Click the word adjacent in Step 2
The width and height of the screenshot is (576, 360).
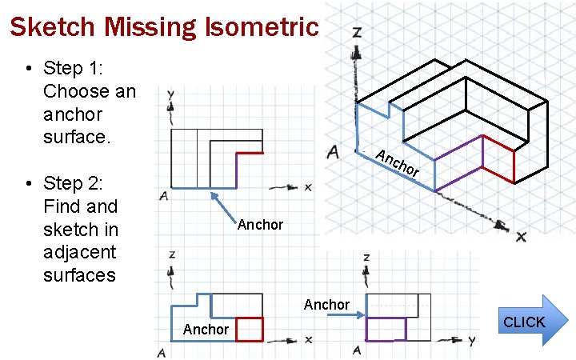(79, 253)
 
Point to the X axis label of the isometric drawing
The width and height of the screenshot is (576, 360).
(521, 237)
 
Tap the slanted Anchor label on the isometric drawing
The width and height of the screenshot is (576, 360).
(398, 162)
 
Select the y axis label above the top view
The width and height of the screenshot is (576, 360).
(170, 94)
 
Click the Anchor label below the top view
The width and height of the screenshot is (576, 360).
(260, 225)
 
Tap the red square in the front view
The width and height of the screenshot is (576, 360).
(250, 329)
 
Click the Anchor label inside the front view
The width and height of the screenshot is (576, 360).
(206, 330)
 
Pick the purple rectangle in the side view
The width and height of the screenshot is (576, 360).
(386, 329)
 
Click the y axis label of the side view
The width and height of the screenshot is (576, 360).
(472, 341)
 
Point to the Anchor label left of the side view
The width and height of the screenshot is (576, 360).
(326, 305)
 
